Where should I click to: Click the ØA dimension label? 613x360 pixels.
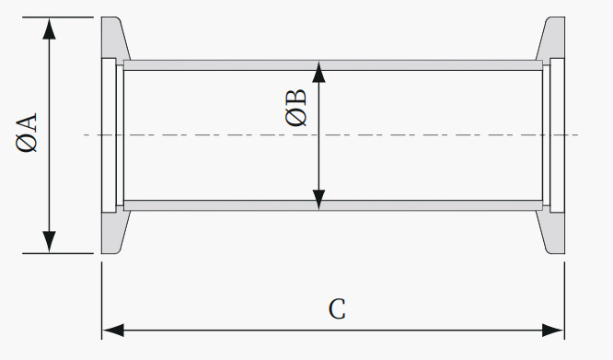[26, 133]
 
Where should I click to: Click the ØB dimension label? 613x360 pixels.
[296, 108]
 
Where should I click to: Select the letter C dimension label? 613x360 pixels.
[337, 309]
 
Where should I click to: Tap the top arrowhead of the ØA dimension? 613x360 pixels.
[50, 29]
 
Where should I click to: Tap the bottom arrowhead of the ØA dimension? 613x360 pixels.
[50, 242]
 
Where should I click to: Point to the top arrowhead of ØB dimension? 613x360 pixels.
[319, 72]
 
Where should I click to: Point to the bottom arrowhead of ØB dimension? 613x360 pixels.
[319, 200]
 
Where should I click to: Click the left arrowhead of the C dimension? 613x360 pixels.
[113, 331]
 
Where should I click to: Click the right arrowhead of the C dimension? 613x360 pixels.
[553, 331]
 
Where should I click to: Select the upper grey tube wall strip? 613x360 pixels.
[333, 65]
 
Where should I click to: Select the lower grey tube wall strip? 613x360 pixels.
[333, 205]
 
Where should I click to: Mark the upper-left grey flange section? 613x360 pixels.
[114, 38]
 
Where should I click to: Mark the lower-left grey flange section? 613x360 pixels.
[114, 233]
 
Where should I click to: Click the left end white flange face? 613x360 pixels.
[109, 135]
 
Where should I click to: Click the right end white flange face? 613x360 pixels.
[557, 135]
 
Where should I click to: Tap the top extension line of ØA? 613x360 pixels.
[58, 17]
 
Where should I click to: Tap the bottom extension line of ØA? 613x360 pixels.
[58, 253]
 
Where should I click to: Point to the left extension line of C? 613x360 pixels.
[102, 300]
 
